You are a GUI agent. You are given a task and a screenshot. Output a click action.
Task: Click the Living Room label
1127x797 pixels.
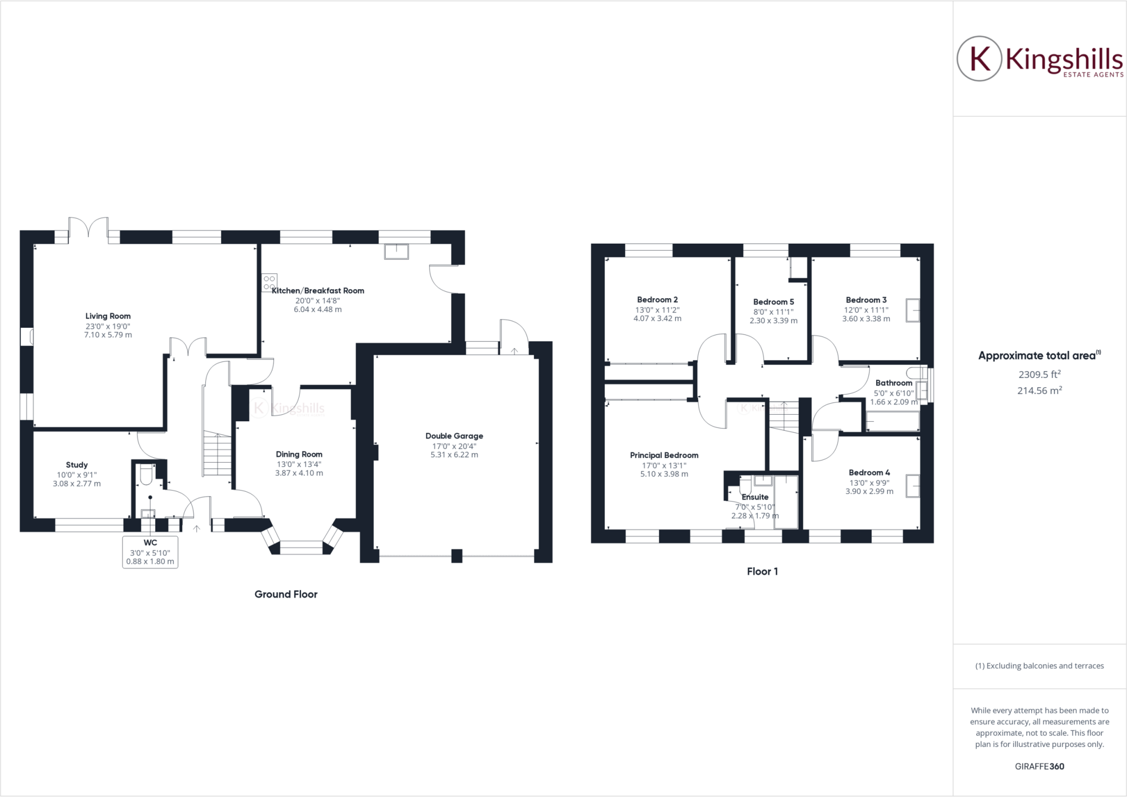[x=108, y=316]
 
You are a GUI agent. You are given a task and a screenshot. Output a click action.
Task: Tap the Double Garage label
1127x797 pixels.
[x=454, y=436]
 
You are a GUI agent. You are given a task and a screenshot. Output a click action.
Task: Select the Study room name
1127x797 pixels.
[x=76, y=465]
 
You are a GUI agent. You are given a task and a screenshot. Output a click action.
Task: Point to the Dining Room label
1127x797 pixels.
[x=299, y=454]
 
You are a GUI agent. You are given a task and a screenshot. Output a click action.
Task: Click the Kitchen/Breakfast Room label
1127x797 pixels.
[x=318, y=290]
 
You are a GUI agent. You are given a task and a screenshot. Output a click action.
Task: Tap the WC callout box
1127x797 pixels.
[x=150, y=552]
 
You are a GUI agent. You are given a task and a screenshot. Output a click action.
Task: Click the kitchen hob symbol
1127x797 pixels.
[x=270, y=282]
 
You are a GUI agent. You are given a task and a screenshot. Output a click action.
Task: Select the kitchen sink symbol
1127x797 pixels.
[x=397, y=251]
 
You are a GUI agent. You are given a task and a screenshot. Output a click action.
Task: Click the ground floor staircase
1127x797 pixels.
[x=217, y=454]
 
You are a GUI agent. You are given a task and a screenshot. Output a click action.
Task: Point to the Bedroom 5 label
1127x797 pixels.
[x=773, y=302]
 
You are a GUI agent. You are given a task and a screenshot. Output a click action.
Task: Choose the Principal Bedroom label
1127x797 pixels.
[x=664, y=455]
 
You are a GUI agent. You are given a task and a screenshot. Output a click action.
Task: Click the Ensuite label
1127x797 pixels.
[x=754, y=497]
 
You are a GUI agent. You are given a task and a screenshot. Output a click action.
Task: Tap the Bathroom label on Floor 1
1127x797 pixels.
[x=894, y=383]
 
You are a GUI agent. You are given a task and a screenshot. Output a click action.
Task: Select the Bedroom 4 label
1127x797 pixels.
[x=869, y=472]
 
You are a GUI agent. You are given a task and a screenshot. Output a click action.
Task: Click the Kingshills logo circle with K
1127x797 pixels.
[x=980, y=59]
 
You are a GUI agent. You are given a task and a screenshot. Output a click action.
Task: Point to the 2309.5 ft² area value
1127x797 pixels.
[x=1039, y=375]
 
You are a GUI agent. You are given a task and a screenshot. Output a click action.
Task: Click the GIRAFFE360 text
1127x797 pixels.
[x=1039, y=766]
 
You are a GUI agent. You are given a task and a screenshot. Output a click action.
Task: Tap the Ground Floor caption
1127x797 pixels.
[x=286, y=594]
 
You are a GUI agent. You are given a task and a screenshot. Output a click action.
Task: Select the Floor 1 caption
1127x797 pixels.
[x=762, y=571]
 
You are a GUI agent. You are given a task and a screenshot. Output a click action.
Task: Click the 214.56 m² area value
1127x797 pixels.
[x=1039, y=391]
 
